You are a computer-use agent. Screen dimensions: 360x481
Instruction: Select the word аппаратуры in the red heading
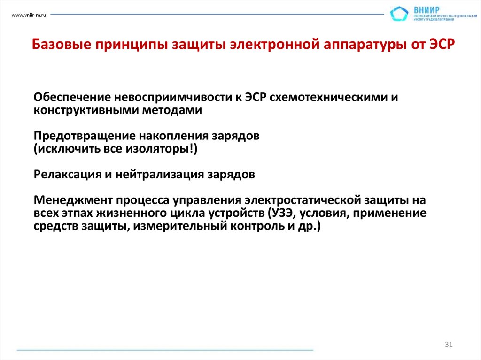click(362, 46)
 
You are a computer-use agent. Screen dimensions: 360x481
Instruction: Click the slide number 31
click(449, 345)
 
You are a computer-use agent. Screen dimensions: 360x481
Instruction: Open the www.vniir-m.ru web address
click(28, 15)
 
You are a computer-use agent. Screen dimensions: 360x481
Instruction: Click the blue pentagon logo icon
click(399, 14)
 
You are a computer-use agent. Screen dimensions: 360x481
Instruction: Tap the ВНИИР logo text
click(427, 9)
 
